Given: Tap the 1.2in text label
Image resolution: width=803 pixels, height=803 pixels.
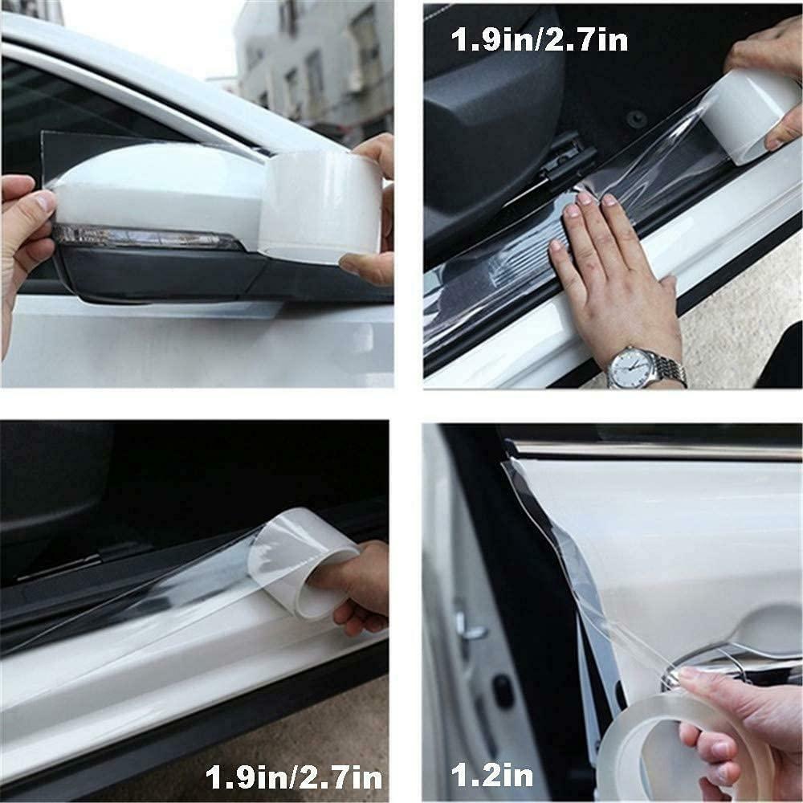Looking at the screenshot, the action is (492, 774).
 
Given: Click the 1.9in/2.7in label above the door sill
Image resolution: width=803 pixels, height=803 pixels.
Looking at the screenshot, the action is (540, 39).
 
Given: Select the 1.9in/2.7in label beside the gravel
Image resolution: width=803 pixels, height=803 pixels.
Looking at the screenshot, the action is (294, 777).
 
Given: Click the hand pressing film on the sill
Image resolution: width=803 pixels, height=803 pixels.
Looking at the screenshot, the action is (614, 271).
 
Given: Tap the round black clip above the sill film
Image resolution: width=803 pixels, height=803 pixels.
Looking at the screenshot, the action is (637, 120).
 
